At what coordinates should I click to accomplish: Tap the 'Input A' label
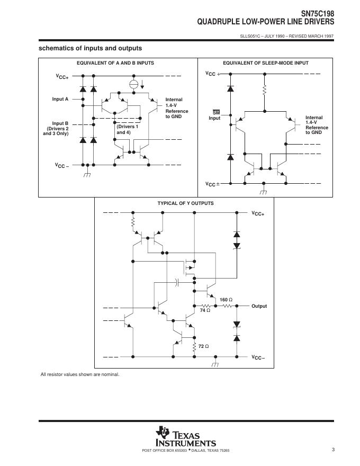[60, 99]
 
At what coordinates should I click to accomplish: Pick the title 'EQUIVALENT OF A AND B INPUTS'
[115, 63]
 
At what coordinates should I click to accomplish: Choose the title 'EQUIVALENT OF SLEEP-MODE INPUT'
[266, 63]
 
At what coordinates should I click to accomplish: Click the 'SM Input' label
[215, 115]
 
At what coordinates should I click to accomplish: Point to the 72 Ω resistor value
[203, 346]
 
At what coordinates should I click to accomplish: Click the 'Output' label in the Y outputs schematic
[259, 307]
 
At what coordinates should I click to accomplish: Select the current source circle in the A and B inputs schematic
[134, 85]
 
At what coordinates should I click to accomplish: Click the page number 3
[333, 450]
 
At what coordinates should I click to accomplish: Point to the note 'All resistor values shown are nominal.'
[80, 375]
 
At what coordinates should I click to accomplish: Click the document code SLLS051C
[251, 36]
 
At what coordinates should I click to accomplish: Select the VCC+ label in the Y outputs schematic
[258, 213]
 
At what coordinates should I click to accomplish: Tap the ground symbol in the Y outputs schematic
[215, 365]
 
